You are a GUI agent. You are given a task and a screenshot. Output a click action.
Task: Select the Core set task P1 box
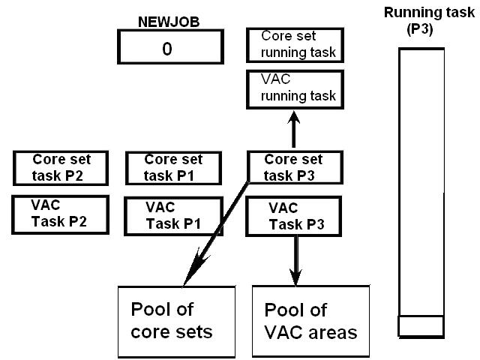pos(173,167)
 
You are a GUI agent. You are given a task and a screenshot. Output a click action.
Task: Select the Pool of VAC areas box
pos(310,321)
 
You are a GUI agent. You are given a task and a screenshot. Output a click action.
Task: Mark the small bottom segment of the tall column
pos(419,325)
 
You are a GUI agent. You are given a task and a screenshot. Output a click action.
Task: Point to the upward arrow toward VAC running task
pos(295,128)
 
